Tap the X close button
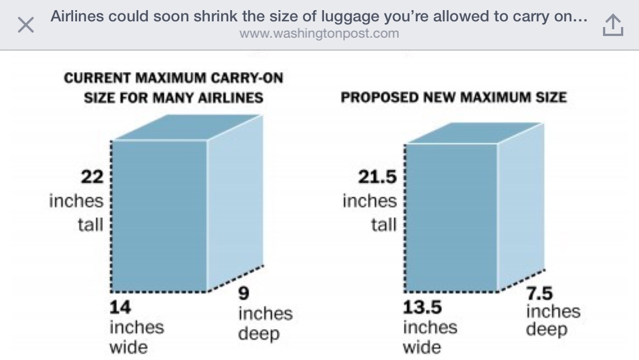(x=25, y=25)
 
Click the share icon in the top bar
(x=613, y=25)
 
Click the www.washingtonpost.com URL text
(x=319, y=34)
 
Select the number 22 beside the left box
(x=92, y=177)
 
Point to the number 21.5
(x=377, y=177)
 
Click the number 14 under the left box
(x=120, y=308)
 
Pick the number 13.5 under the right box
(x=422, y=308)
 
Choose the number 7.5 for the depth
(x=539, y=294)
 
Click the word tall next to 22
(x=91, y=225)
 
